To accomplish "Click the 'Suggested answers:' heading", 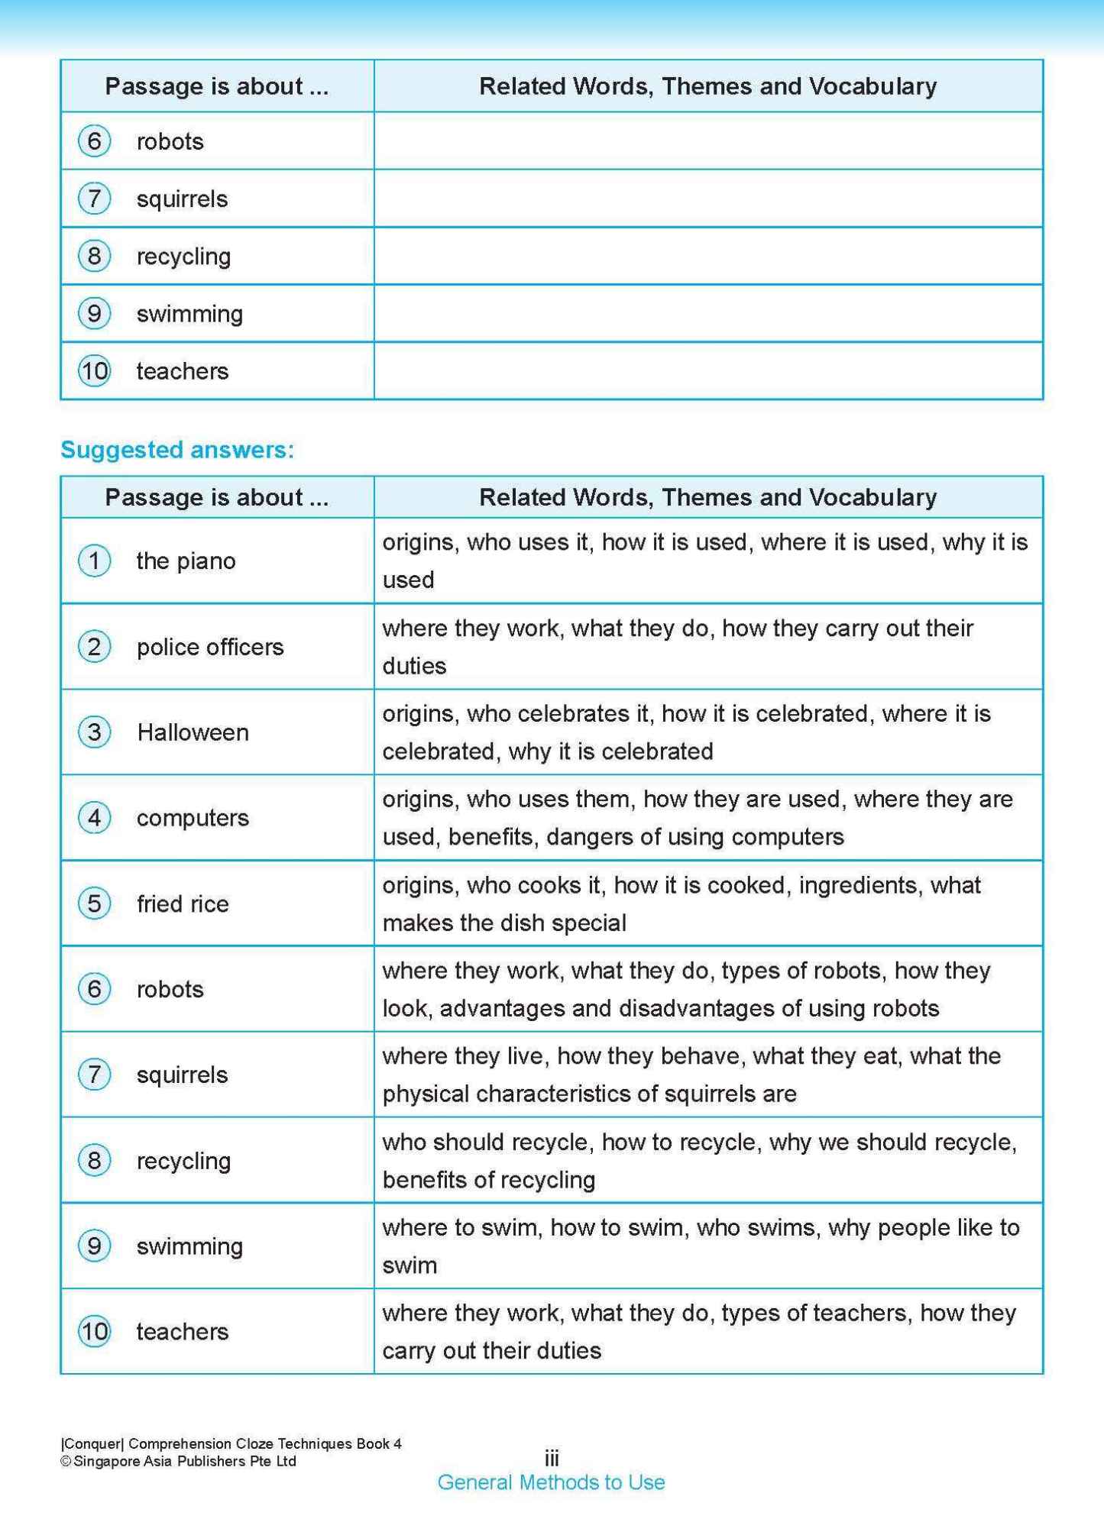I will (177, 450).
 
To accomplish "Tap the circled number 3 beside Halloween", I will (95, 732).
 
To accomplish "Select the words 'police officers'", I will (210, 647).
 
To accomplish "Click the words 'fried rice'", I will (183, 903).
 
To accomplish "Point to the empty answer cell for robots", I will (707, 141).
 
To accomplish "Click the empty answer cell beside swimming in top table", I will (707, 313).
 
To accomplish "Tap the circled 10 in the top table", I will (95, 371).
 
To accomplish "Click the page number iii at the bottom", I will (552, 1458).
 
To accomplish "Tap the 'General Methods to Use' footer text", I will (551, 1482).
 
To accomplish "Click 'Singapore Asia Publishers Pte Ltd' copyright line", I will (179, 1461).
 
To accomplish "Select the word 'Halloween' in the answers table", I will (193, 732).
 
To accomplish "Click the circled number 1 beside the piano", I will (95, 561).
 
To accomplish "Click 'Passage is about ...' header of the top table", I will (216, 86).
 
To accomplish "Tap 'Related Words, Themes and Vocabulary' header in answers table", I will (707, 497).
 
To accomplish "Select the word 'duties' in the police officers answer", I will (414, 666).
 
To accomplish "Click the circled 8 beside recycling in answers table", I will (95, 1160).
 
